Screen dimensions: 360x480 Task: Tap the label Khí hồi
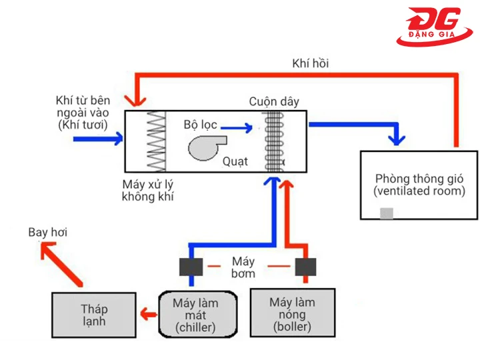pos(310,63)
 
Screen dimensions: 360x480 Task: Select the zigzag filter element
pos(156,141)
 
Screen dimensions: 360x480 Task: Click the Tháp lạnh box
pos(93,316)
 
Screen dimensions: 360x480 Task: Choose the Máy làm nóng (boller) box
pos(292,314)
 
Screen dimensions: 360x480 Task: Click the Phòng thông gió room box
pos(419,185)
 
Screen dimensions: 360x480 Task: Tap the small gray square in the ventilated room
pos(386,213)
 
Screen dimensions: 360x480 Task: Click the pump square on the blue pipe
pos(191,267)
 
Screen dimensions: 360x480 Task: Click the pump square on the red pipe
pos(305,267)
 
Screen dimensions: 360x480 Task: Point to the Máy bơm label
pos(243,267)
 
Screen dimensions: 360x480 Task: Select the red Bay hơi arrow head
pos(47,251)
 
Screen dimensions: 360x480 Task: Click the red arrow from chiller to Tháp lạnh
pos(144,314)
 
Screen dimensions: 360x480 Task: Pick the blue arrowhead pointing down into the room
pos(398,141)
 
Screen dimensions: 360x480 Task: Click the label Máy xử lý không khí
pos(148,191)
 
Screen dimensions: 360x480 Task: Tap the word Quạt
pos(235,161)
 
